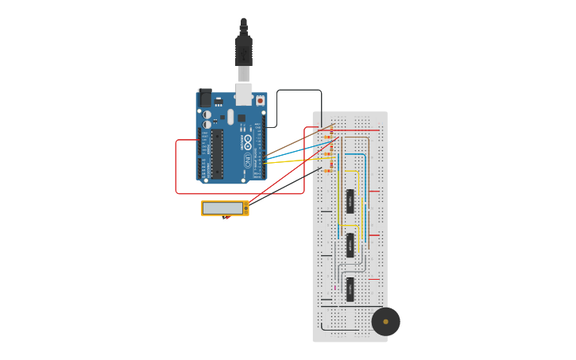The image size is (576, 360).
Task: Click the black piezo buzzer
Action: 385,321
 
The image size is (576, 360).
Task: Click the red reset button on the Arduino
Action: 260,101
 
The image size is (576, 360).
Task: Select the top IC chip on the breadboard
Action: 350,201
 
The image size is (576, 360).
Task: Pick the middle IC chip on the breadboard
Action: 350,245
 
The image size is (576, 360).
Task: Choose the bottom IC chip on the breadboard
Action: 350,289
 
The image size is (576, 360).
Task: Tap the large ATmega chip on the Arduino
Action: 216,153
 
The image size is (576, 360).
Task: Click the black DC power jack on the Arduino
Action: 205,98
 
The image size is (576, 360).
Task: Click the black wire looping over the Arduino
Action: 298,91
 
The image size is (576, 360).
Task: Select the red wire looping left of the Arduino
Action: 176,167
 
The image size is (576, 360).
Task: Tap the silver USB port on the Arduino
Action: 243,93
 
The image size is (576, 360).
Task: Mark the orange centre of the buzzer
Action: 386,321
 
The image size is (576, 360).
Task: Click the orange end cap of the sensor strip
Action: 245,208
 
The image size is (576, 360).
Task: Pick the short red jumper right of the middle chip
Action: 374,235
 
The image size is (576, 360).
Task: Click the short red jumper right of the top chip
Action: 374,192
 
